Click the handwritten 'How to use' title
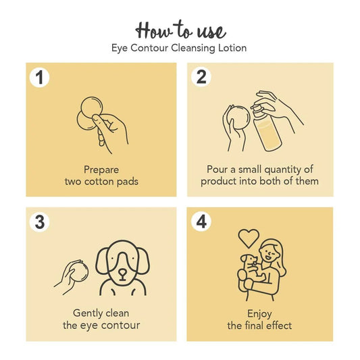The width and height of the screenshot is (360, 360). tap(180, 30)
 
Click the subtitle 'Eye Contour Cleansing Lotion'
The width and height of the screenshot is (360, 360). tap(180, 48)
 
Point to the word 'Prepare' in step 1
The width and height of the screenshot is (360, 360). tap(101, 170)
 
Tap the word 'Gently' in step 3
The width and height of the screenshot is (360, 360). tap(89, 313)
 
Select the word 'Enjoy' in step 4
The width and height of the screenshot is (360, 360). tap(259, 313)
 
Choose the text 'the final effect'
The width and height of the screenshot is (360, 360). tap(259, 326)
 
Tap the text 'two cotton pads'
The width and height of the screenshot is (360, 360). tap(101, 182)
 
